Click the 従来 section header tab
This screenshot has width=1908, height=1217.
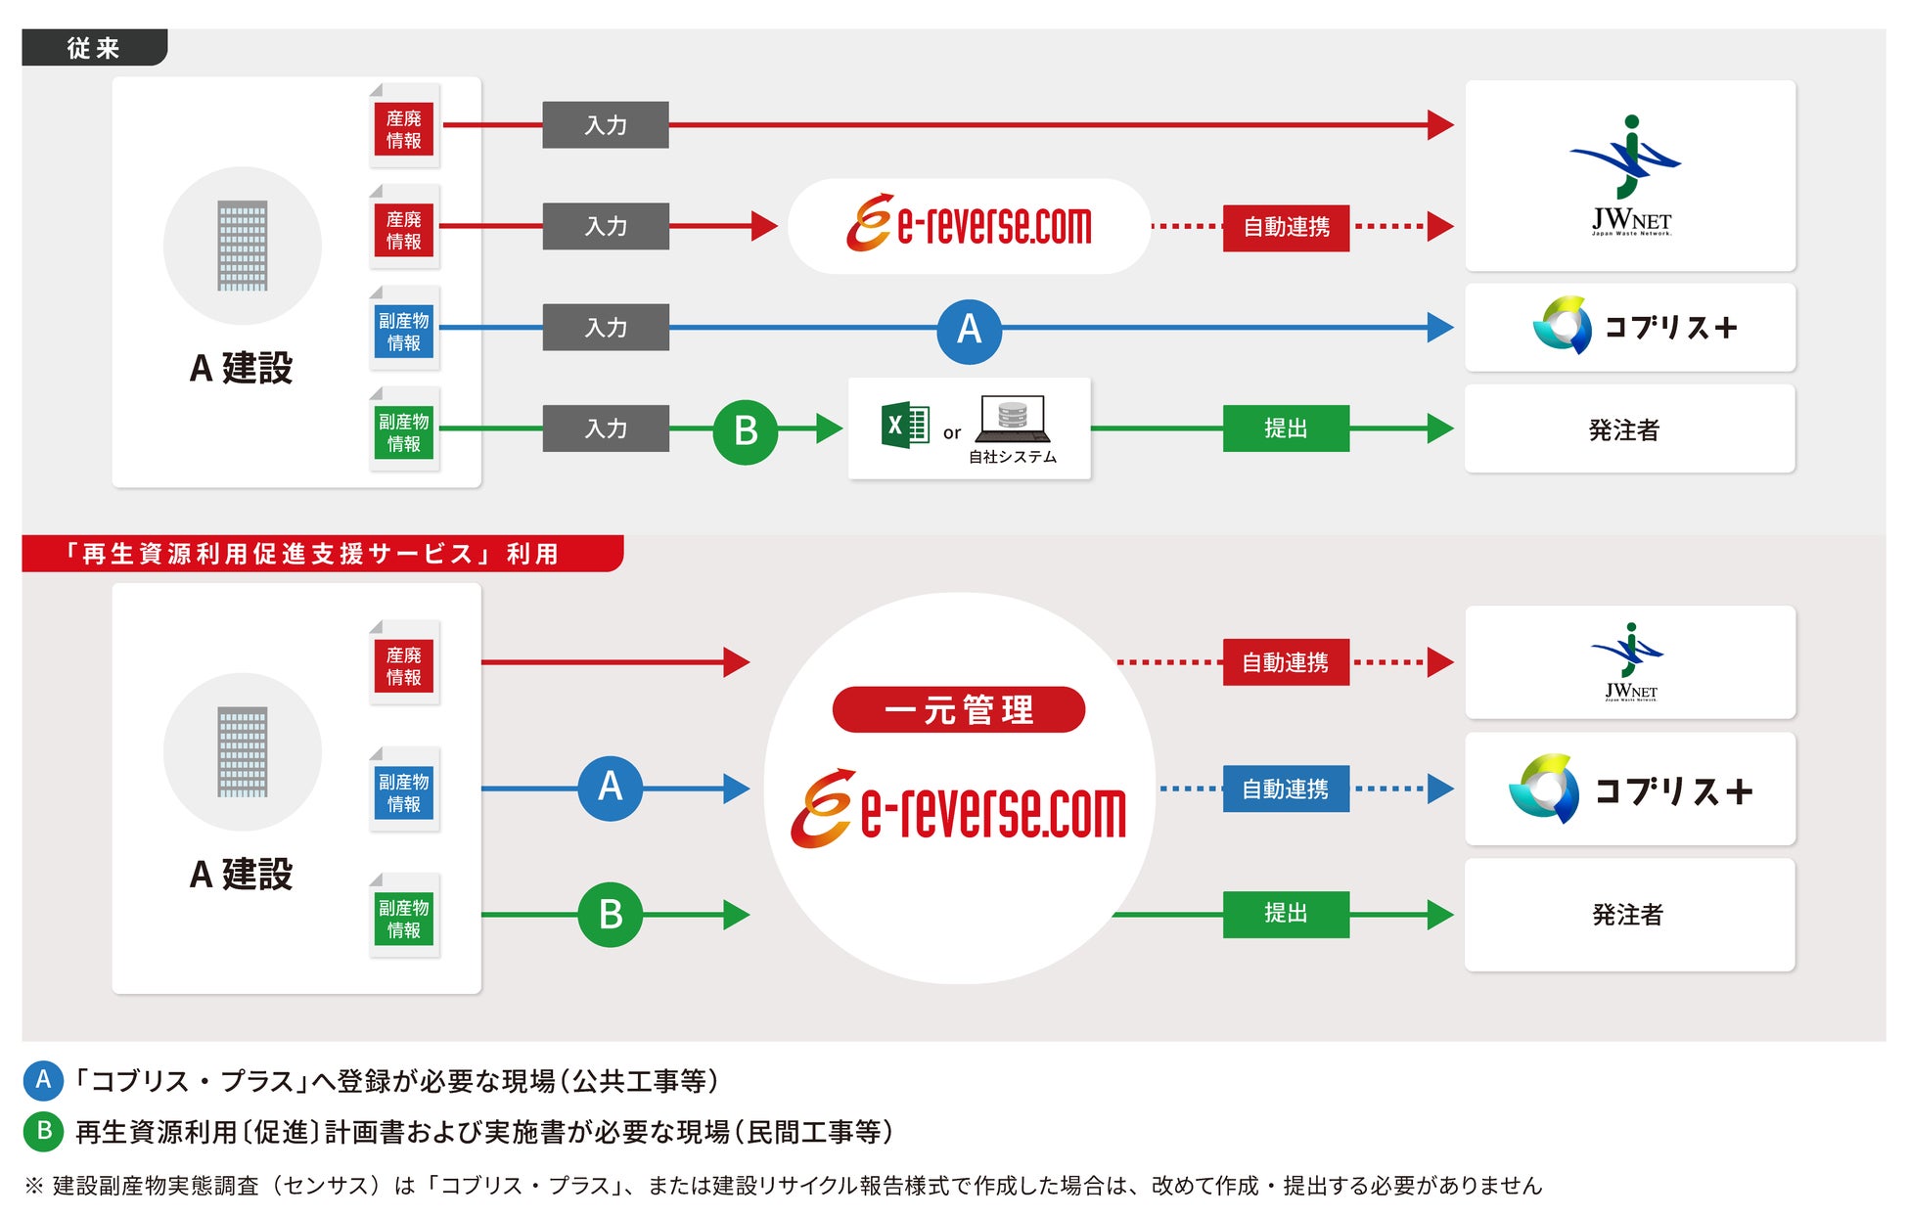tap(94, 48)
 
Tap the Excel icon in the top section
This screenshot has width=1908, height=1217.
tap(904, 426)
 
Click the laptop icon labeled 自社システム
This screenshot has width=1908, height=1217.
tap(1013, 419)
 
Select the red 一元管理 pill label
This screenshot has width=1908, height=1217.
tap(958, 709)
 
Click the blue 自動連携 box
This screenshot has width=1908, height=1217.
tap(1285, 789)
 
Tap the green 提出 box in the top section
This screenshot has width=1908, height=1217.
tap(1285, 428)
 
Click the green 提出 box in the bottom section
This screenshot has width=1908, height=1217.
tap(1285, 914)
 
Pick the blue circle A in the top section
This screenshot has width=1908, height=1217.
tap(969, 330)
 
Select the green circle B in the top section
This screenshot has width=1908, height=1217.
tap(745, 430)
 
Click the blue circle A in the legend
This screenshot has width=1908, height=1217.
tap(43, 1080)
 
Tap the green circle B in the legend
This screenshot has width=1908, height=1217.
tap(43, 1131)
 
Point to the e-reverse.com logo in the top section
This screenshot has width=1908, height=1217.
tap(969, 225)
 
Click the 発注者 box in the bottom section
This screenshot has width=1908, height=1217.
tap(1629, 915)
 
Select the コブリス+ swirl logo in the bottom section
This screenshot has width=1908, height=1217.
tap(1544, 789)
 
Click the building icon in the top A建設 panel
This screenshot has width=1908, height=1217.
tap(242, 246)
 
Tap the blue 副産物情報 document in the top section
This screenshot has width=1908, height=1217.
tap(404, 331)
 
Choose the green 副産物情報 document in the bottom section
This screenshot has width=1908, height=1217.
tap(404, 918)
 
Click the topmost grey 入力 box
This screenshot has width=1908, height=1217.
tap(605, 125)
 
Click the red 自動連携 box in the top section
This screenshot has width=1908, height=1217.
tap(1285, 227)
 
